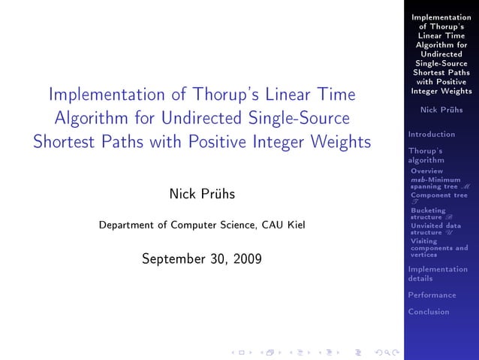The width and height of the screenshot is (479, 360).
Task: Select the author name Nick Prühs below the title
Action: coord(202,195)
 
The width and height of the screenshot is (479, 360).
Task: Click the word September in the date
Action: coord(176,260)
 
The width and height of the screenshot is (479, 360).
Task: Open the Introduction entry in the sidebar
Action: coord(431,135)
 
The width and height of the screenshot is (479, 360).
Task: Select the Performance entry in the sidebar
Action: coord(432,295)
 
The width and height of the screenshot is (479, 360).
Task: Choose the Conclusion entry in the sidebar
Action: coord(429,312)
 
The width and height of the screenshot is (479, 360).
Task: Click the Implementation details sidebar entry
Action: coord(437,274)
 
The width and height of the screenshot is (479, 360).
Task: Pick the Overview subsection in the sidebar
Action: coord(426,171)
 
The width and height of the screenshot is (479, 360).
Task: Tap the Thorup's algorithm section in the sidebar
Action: coord(426,156)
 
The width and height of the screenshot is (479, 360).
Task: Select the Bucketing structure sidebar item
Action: coord(429,213)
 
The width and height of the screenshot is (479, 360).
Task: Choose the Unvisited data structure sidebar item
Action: coord(435,228)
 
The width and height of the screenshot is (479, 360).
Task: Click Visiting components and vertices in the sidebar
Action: coord(438,248)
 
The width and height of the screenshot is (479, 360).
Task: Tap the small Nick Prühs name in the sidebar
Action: coord(441,110)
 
